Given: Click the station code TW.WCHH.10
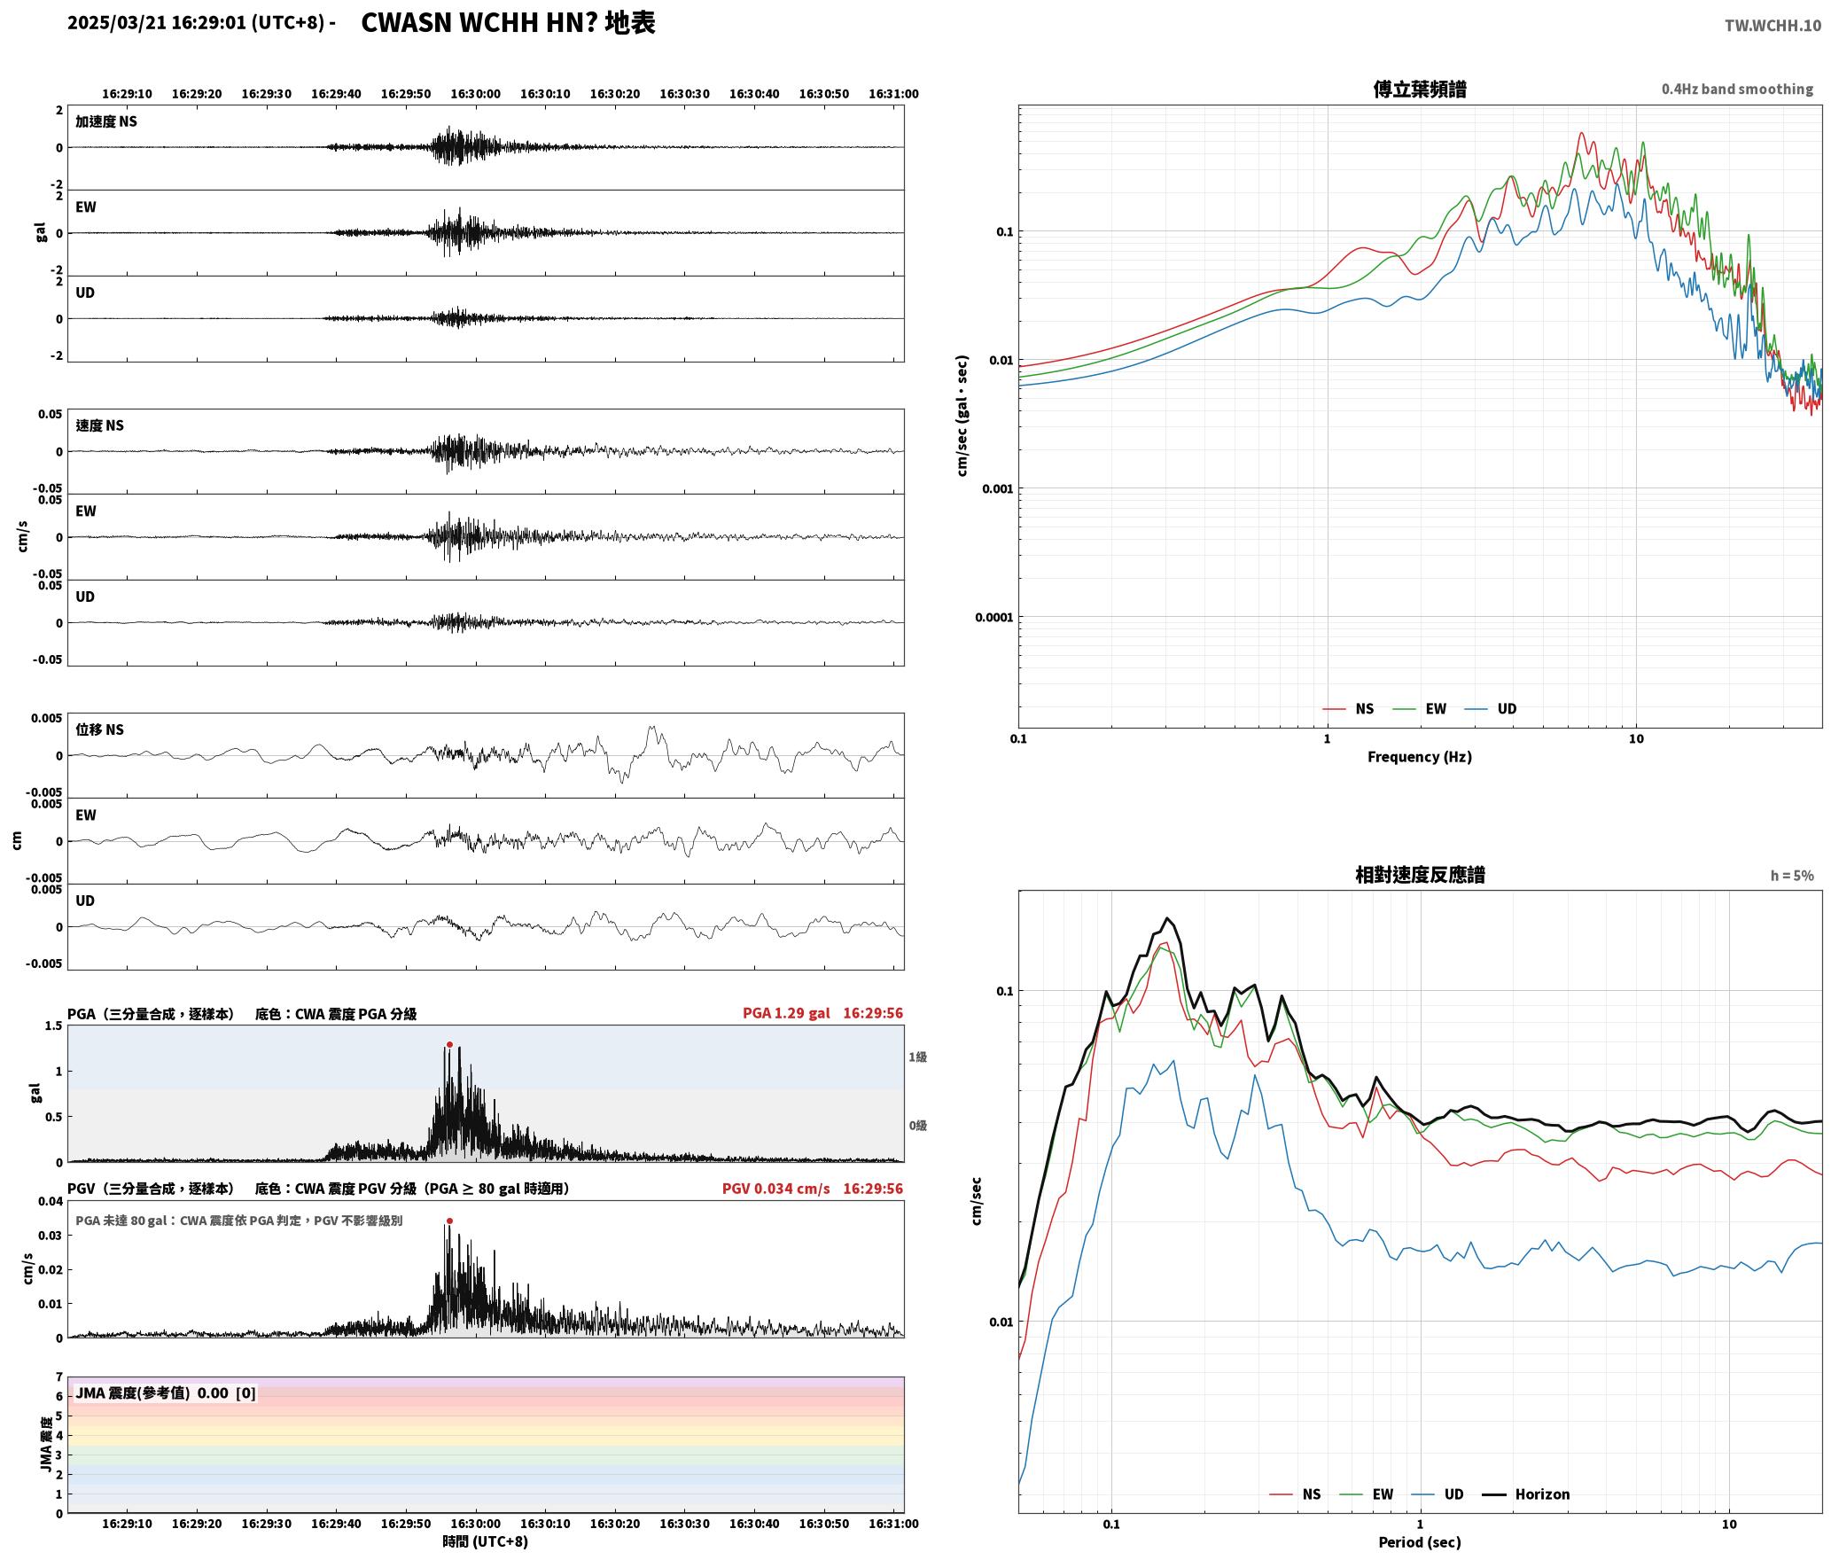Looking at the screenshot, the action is (1773, 26).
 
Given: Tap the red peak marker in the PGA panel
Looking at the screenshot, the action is (449, 1044).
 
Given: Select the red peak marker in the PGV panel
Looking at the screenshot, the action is (449, 1221).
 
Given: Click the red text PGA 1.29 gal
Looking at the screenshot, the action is (786, 1013).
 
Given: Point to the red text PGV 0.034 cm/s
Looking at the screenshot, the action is (775, 1189).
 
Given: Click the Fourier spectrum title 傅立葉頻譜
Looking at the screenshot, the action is (1419, 89).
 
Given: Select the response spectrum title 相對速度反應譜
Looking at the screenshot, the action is (1420, 875).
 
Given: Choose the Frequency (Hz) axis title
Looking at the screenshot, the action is (1419, 757).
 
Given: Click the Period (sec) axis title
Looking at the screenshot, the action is (1419, 1542).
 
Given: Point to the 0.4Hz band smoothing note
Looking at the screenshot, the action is (1737, 89).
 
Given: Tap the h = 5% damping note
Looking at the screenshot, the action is (1792, 876).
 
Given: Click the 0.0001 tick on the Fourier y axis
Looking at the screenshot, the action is (993, 617).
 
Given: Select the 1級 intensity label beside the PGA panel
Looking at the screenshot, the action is (917, 1057).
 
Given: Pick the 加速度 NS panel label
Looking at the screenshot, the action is (106, 121).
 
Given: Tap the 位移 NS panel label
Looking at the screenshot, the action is (99, 729).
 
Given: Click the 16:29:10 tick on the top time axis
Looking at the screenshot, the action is (127, 93).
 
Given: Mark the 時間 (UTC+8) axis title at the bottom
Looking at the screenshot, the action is (485, 1542).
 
